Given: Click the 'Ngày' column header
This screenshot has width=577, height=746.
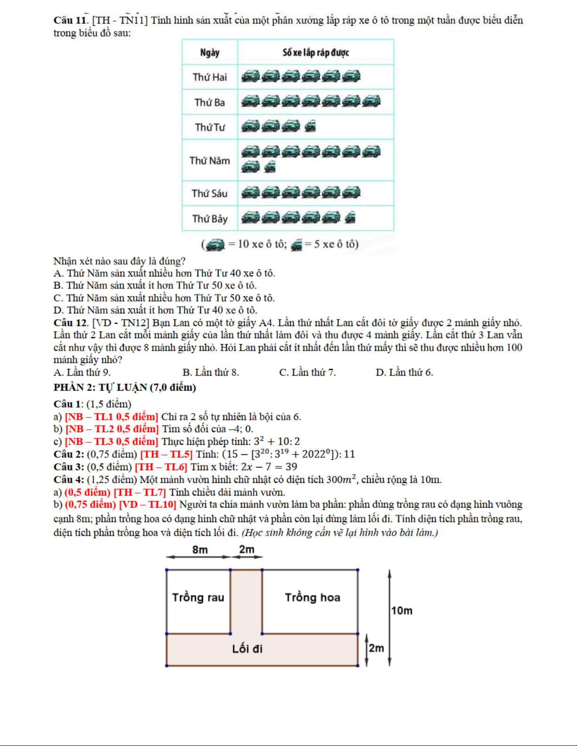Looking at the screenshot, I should [x=210, y=52].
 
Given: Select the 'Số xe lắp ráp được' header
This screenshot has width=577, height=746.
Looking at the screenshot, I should [x=315, y=52].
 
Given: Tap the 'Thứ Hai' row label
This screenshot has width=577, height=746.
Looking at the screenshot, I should [x=210, y=77].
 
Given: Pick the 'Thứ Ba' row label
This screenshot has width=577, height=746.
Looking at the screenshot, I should [x=210, y=102].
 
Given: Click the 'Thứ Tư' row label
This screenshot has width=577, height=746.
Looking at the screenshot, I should [x=210, y=127].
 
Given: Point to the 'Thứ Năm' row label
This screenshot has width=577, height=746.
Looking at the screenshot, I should [x=210, y=160].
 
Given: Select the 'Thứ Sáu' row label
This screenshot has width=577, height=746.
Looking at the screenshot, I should [x=210, y=193].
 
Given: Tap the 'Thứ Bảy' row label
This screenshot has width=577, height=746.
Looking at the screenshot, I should [x=210, y=218].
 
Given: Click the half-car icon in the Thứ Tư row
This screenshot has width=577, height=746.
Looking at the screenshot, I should [x=310, y=126].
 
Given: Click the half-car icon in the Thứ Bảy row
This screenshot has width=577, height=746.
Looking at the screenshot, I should [x=350, y=217].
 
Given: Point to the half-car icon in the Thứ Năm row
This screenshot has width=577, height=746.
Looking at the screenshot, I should [x=270, y=167].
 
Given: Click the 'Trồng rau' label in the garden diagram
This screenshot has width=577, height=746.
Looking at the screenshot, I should [x=198, y=597].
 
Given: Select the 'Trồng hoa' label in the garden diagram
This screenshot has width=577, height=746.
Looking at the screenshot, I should [x=312, y=597].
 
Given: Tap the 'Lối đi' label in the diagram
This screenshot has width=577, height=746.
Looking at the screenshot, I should [x=247, y=649].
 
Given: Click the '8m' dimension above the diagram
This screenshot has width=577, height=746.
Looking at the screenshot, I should [x=200, y=549].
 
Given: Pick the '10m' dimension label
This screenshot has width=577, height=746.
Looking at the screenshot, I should [x=402, y=610].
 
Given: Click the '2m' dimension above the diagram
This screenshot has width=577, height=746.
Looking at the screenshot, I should [x=246, y=549].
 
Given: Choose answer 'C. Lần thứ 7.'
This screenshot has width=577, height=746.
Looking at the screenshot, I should [x=307, y=372].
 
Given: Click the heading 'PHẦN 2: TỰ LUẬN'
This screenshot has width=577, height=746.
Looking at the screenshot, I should [x=124, y=387].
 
